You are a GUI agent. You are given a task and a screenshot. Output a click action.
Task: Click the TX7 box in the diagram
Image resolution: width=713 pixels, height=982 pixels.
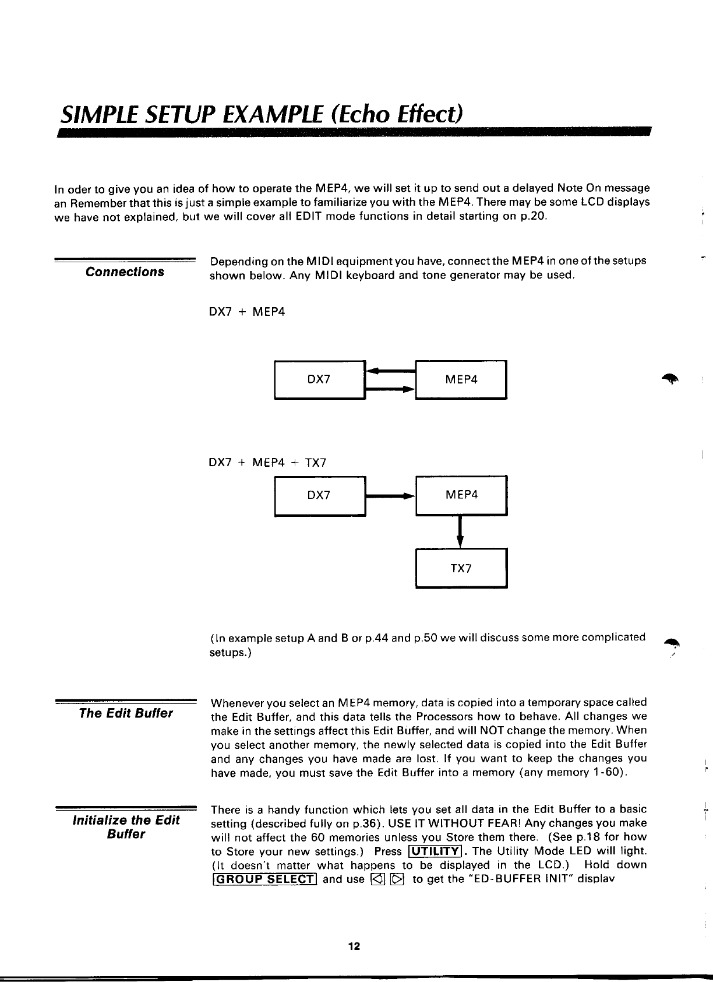tap(461, 568)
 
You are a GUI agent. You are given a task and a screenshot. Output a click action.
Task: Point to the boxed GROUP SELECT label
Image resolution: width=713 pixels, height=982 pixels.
tap(264, 879)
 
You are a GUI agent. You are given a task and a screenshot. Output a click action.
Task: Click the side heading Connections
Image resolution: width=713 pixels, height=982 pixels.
tap(125, 272)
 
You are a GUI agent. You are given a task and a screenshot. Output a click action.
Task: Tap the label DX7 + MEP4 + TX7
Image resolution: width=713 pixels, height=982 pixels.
tap(267, 463)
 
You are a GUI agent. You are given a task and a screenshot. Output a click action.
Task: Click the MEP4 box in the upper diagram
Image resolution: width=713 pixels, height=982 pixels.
tap(461, 380)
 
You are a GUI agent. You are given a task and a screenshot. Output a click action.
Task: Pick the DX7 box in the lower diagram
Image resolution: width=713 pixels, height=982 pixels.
tap(319, 495)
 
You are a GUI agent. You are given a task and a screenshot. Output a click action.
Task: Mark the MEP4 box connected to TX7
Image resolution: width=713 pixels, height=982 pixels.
tap(461, 495)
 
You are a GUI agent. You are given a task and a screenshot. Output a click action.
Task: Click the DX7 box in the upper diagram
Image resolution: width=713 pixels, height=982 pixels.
tap(319, 380)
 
